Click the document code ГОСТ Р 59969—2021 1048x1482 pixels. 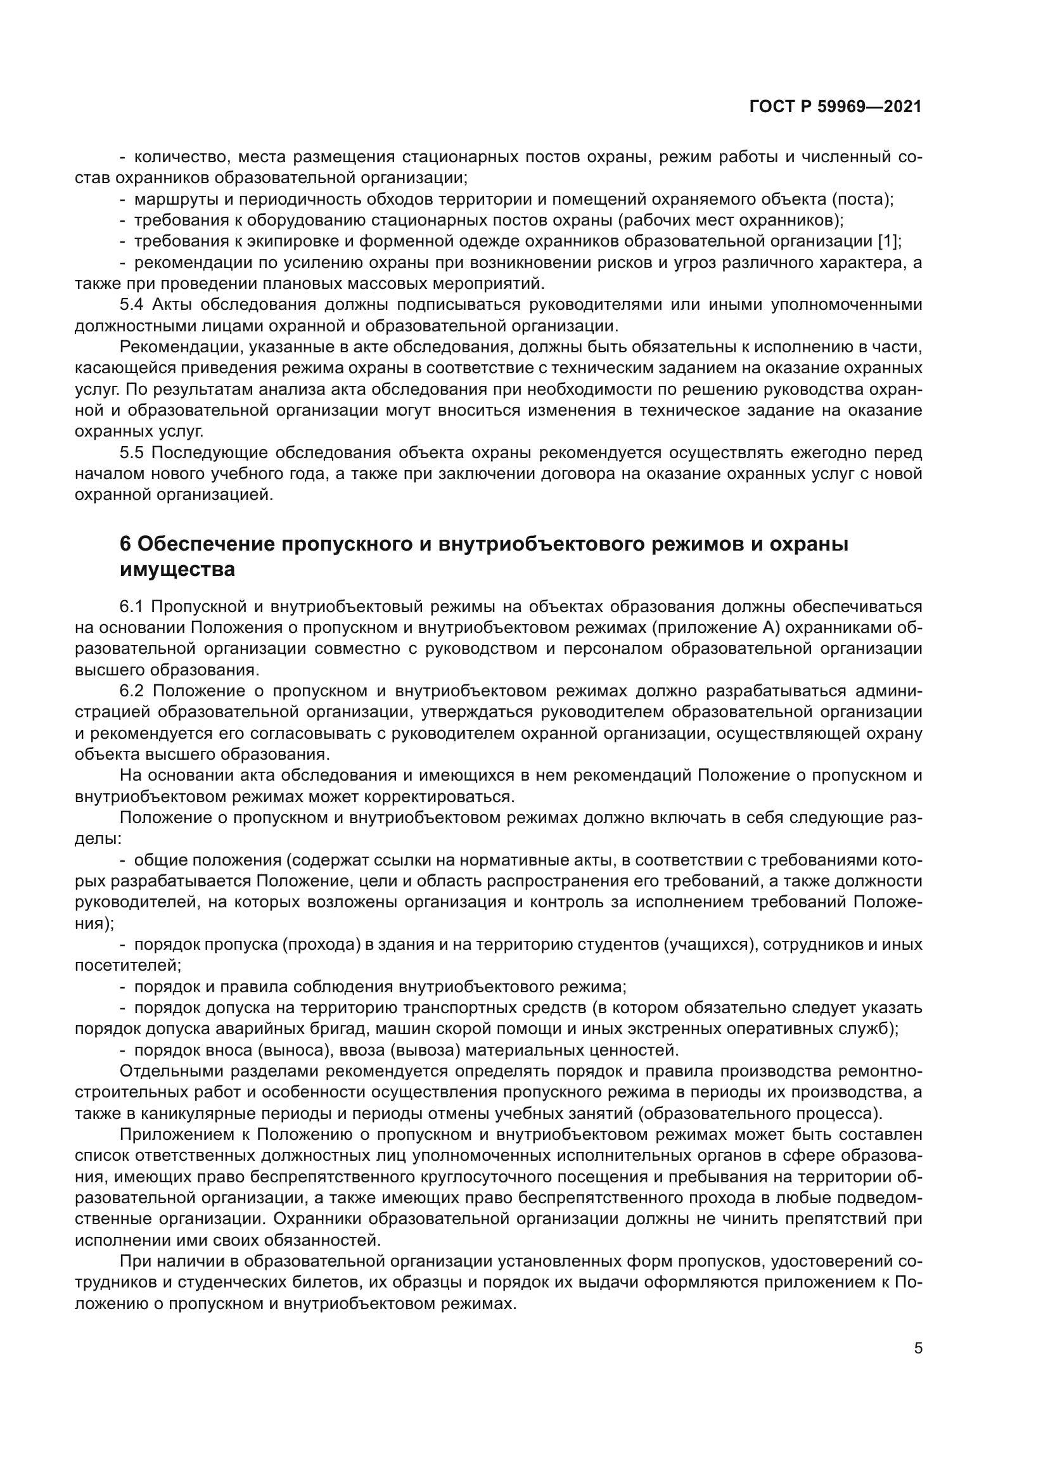click(x=835, y=107)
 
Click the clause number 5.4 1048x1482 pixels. click(x=133, y=305)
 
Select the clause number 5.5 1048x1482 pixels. click(x=133, y=452)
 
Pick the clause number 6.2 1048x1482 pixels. click(x=133, y=691)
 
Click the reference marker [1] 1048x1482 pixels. click(x=887, y=241)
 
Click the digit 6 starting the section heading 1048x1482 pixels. click(x=125, y=544)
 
